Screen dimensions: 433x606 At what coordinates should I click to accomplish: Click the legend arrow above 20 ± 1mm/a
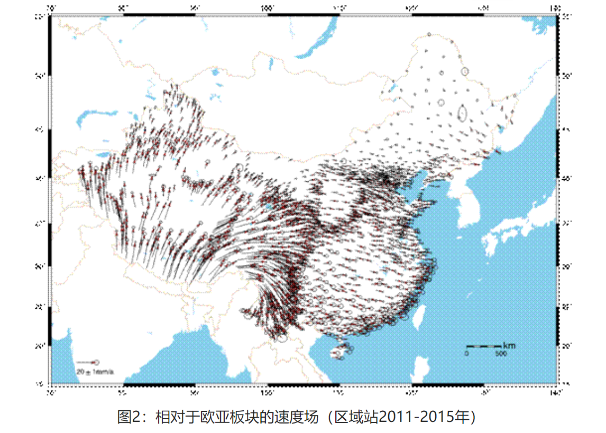(x=88, y=362)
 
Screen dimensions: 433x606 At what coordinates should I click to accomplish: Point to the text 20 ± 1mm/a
(x=95, y=372)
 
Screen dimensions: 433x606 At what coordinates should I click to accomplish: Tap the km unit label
(x=509, y=345)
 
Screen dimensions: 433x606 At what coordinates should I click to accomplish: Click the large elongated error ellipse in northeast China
(x=463, y=113)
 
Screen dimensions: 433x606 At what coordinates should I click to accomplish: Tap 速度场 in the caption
(x=302, y=417)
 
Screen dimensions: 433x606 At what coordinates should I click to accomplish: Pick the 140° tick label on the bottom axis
(x=555, y=392)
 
